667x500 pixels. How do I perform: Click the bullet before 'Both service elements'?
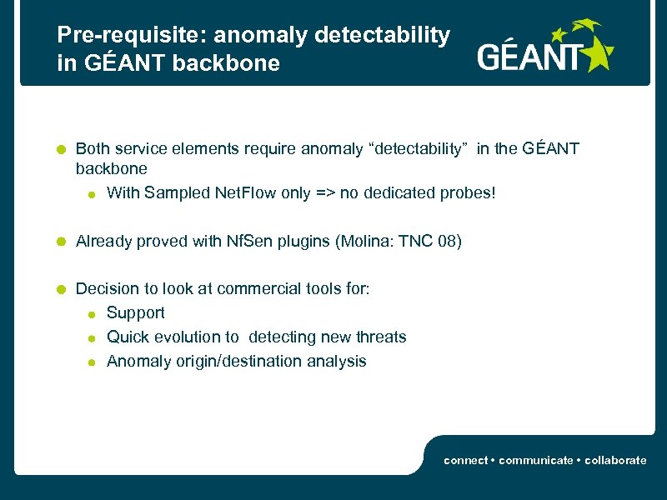coord(61,150)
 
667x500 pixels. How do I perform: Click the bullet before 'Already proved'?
coord(61,242)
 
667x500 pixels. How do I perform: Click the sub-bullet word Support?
coord(136,313)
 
